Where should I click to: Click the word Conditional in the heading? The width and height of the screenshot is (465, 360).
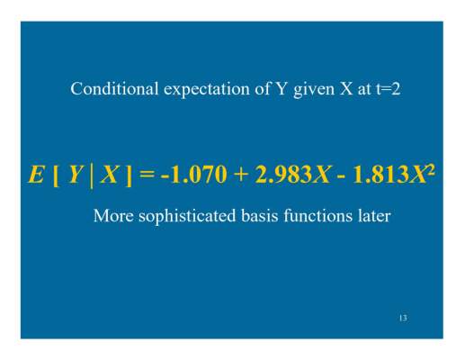[114, 89]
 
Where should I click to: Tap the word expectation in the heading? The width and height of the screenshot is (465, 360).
[207, 90]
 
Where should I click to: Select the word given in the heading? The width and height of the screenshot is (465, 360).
[314, 90]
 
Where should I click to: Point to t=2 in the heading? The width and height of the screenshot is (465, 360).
[388, 89]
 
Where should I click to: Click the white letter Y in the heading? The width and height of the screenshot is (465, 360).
[281, 89]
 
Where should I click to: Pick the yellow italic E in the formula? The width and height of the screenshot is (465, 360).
[36, 175]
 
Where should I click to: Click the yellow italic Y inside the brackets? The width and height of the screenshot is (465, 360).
[75, 175]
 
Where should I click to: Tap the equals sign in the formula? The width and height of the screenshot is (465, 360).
[148, 175]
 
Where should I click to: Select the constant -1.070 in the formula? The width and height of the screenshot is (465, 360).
[193, 175]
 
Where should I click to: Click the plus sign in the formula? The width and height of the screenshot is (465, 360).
[240, 175]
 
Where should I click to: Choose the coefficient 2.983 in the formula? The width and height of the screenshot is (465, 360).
[283, 175]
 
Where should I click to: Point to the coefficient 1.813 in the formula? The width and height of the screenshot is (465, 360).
[380, 175]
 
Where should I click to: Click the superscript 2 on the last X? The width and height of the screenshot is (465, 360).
[430, 171]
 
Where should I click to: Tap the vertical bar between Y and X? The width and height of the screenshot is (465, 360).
[91, 176]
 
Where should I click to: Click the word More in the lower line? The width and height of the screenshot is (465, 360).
[113, 216]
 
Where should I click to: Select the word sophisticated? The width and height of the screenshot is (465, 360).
[187, 217]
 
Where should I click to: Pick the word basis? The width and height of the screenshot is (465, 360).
[260, 216]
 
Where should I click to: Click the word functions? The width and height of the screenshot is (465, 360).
[317, 216]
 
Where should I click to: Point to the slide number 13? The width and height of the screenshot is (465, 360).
[403, 318]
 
